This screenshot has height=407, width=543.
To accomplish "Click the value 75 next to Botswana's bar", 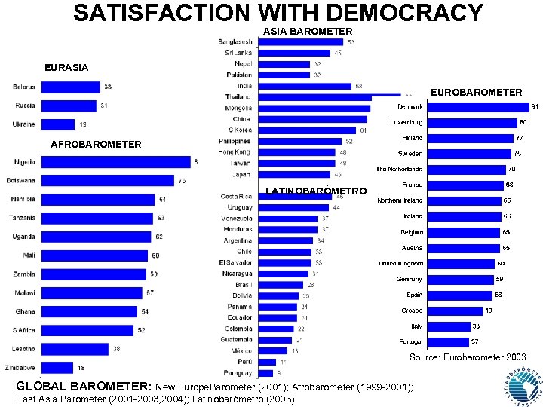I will (x=182, y=181).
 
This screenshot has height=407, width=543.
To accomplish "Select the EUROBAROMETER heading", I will (x=476, y=92).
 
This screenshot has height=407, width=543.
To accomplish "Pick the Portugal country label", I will (x=411, y=341).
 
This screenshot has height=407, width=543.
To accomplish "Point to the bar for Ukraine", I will (x=57, y=124).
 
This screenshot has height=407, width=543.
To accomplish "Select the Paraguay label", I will (x=238, y=372).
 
